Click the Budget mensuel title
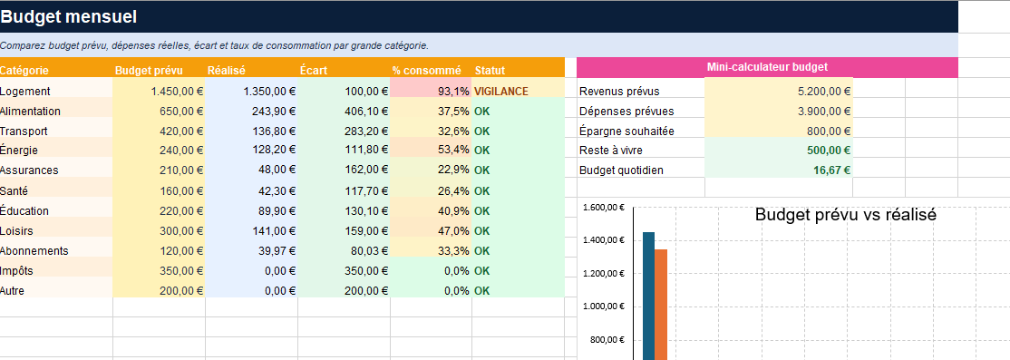point(68,17)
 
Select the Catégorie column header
point(24,71)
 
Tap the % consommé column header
point(426,71)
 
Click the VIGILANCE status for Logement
point(501,92)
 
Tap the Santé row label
point(14,191)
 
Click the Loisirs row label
point(16,231)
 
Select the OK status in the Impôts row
point(481,271)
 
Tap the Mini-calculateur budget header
point(767,67)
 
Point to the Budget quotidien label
point(621,170)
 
